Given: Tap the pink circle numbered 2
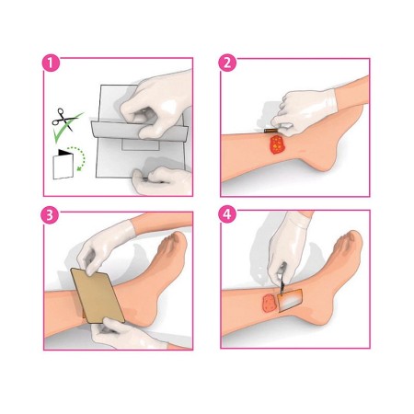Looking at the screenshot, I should tap(227, 64).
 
